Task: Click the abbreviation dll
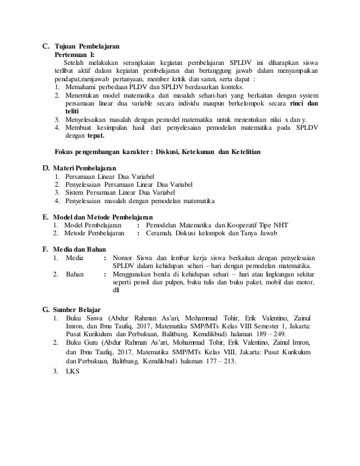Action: (117, 291)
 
